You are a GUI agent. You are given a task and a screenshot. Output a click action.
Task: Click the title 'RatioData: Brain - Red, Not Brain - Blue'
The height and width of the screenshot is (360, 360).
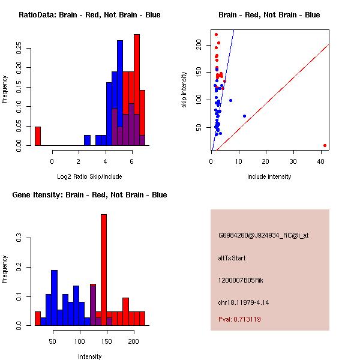pos(89,15)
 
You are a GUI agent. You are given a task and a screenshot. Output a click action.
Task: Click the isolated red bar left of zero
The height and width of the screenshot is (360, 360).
pos(38,136)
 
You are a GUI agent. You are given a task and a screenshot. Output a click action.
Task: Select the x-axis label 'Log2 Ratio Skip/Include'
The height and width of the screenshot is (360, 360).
pos(89,176)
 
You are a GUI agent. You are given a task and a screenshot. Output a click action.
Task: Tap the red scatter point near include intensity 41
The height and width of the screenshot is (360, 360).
pos(325,145)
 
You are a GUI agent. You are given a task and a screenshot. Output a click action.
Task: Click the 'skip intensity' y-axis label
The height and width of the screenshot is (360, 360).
pos(184,90)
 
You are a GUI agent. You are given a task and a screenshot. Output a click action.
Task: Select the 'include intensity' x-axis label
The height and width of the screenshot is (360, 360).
pos(269,176)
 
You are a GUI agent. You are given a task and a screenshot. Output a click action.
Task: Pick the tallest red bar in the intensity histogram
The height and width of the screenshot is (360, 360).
pos(104,270)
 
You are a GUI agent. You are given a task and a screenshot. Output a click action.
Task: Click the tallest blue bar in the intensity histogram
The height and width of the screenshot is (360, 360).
pos(54,298)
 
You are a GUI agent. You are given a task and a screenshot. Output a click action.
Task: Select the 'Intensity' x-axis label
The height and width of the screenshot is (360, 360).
pos(89,356)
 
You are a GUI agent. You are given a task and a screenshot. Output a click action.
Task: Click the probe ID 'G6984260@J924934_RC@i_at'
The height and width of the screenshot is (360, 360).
pos(263,236)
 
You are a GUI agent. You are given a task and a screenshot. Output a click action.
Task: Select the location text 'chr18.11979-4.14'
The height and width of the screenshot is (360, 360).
pos(243,302)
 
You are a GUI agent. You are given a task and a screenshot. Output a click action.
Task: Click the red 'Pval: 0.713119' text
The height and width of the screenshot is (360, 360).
pos(239,320)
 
